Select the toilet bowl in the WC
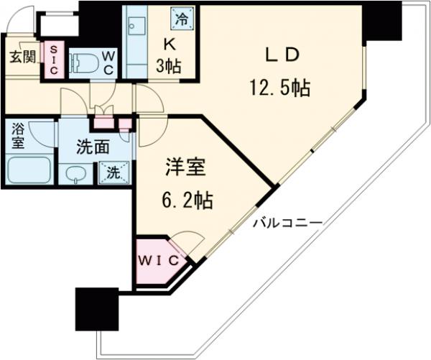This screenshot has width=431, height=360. pyautogui.click(x=87, y=61)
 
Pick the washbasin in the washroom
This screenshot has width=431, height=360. pyautogui.click(x=75, y=173)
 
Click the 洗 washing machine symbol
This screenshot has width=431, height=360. pyautogui.click(x=113, y=172)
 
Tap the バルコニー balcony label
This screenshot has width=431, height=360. pyautogui.click(x=287, y=223)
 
